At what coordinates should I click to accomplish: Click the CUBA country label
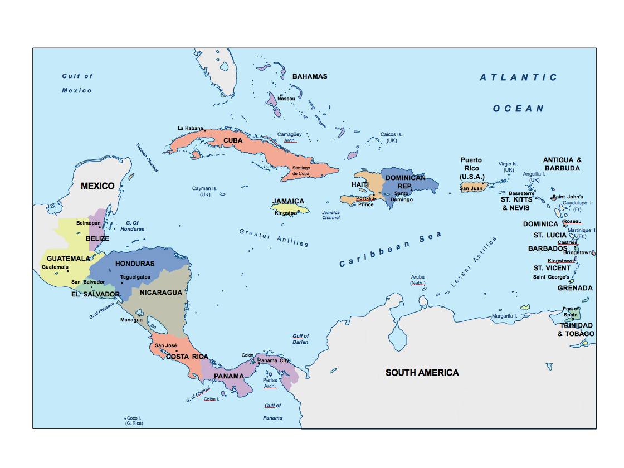coord(233,140)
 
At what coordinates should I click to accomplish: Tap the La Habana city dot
coord(205,131)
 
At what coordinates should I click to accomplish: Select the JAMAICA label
coord(288,201)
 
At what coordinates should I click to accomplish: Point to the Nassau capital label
coord(286,99)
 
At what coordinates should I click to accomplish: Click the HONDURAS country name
coord(135,263)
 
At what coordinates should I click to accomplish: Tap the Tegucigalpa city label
coord(135,277)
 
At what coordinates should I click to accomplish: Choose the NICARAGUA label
coord(161,292)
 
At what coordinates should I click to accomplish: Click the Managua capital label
coord(131,320)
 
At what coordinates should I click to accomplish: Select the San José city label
coord(166,345)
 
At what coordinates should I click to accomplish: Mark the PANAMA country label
coord(229,376)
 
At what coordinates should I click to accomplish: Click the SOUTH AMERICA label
coord(422,372)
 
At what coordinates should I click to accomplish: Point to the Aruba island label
coord(418,277)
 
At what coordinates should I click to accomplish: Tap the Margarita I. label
coord(505,316)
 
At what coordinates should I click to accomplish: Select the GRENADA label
coord(575,288)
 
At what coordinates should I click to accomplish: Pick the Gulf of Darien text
coord(300,339)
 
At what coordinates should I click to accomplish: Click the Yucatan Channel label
coord(147,158)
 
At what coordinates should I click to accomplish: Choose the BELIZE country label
coord(97,238)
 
